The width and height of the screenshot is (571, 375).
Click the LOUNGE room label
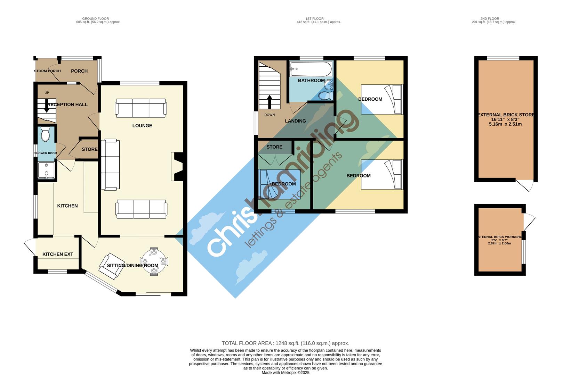pyautogui.click(x=142, y=126)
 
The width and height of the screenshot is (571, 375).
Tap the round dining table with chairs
pyautogui.click(x=153, y=261)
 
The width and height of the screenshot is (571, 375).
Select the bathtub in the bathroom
pyautogui.click(x=311, y=69)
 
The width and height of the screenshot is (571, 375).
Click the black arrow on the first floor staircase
pyautogui.click(x=270, y=102)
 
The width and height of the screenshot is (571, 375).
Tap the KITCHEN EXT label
pyautogui.click(x=58, y=254)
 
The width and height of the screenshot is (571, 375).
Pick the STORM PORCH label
pyautogui.click(x=47, y=71)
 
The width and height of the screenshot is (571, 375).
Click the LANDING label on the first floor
pyautogui.click(x=295, y=121)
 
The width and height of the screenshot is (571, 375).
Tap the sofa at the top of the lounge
pyautogui.click(x=141, y=108)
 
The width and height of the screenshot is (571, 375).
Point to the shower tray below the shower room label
pyautogui.click(x=47, y=170)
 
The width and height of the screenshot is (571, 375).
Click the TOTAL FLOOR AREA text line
pyautogui.click(x=285, y=343)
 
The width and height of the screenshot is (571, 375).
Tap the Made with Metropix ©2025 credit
pyautogui.click(x=285, y=373)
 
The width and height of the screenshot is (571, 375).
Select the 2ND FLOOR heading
pyautogui.click(x=490, y=19)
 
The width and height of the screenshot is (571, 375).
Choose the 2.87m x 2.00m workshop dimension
pyautogui.click(x=499, y=243)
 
